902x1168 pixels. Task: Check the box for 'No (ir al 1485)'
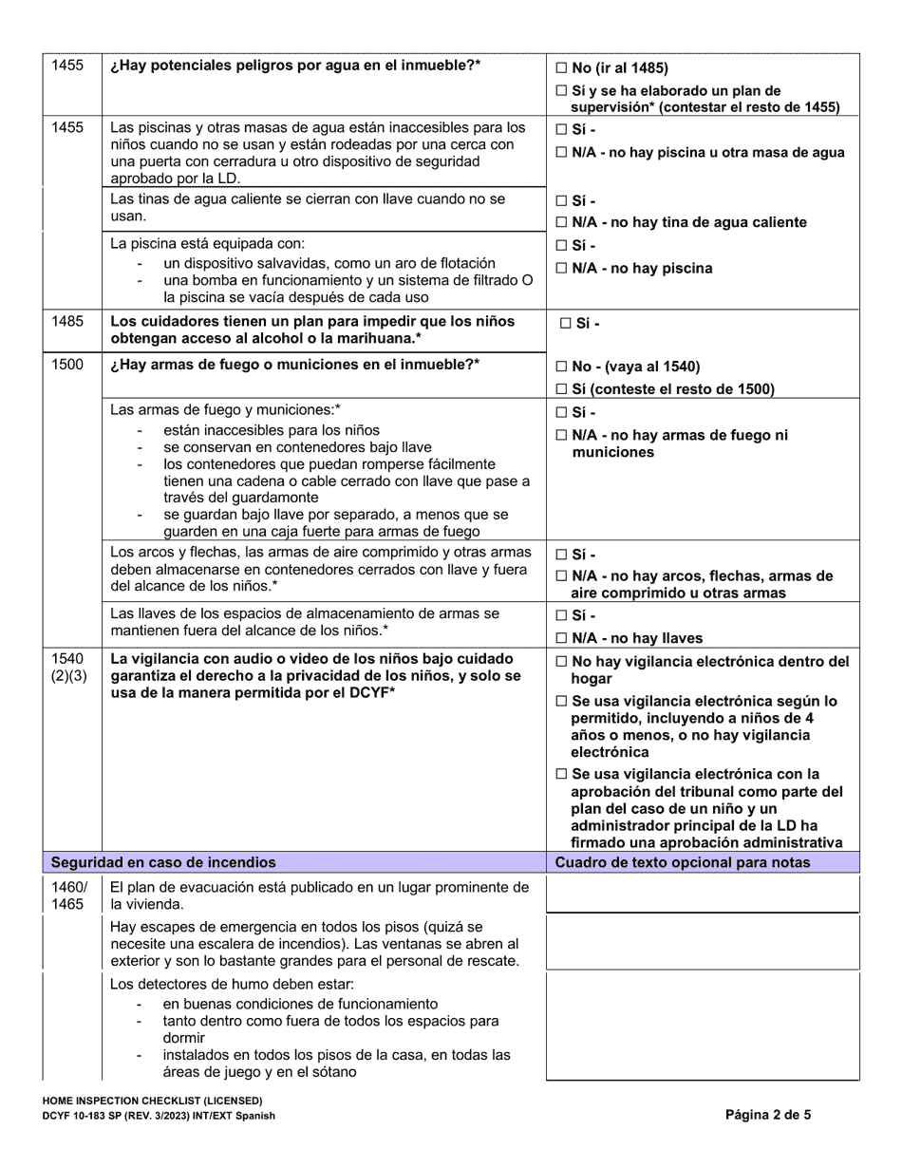pos(561,68)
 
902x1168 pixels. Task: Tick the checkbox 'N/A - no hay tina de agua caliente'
pos(561,222)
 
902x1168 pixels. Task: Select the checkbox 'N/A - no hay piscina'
pos(561,269)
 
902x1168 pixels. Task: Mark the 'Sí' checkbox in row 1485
pos(566,323)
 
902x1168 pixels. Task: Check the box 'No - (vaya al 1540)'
pos(561,367)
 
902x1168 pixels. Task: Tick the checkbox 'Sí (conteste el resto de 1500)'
pos(561,388)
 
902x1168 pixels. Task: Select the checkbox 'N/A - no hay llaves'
pos(561,638)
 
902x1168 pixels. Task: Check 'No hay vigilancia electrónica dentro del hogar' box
pos(561,662)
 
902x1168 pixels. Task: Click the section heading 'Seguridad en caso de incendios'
pos(163,862)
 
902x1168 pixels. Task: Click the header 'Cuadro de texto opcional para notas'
pos(683,862)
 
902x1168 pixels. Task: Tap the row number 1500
pos(67,366)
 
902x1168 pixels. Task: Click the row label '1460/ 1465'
pos(69,895)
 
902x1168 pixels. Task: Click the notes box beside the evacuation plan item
pos(703,895)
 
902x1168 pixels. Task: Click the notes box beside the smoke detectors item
pos(703,1027)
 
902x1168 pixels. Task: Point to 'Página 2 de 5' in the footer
pos(768,1115)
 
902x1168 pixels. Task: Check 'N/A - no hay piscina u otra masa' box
pos(561,152)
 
